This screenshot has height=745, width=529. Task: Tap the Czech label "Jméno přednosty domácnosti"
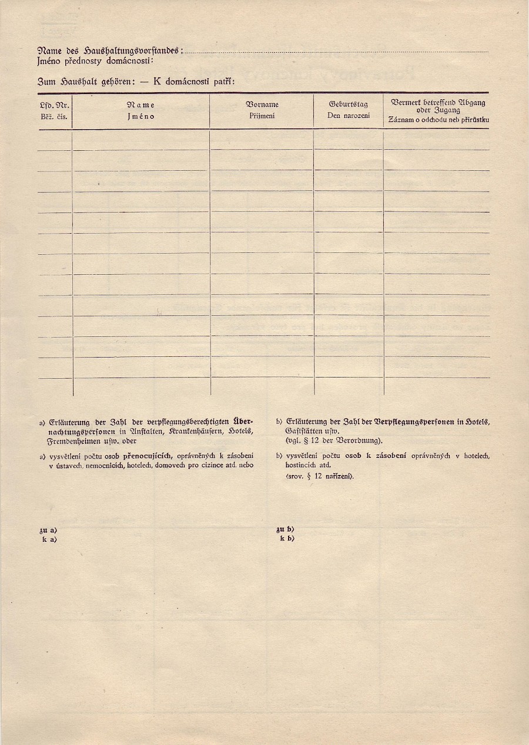(95, 60)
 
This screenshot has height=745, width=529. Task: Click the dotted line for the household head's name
(335, 52)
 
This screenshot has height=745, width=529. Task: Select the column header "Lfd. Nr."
(55, 105)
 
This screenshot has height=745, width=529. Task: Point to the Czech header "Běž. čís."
(55, 116)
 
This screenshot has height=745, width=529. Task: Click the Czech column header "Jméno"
(140, 116)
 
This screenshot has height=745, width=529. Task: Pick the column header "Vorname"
(262, 104)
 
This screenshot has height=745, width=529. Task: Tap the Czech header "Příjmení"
(262, 116)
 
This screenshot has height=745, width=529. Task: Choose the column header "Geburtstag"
(349, 104)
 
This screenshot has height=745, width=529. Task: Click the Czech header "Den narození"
(349, 116)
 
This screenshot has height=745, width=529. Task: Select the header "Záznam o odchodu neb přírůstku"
(438, 120)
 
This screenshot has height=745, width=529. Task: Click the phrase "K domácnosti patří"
(194, 81)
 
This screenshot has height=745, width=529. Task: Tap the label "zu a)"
(48, 531)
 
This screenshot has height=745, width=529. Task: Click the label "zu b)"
(285, 530)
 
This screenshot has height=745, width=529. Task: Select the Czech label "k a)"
(49, 538)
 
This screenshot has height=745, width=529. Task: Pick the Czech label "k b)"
(287, 538)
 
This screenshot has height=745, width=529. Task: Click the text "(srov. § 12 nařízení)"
(320, 476)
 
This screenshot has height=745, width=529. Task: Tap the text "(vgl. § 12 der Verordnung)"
(334, 440)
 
